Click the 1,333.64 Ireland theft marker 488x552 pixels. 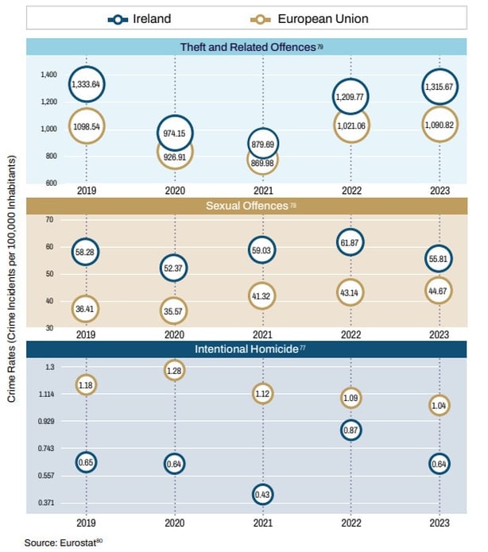[x=87, y=84]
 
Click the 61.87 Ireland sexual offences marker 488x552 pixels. [x=351, y=241]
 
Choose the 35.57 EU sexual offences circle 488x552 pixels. [x=175, y=310]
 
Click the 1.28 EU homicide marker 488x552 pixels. [x=175, y=370]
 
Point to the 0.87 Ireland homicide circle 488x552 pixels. [x=351, y=430]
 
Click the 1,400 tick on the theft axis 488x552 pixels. [x=48, y=75]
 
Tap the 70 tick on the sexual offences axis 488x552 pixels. [x=48, y=219]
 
